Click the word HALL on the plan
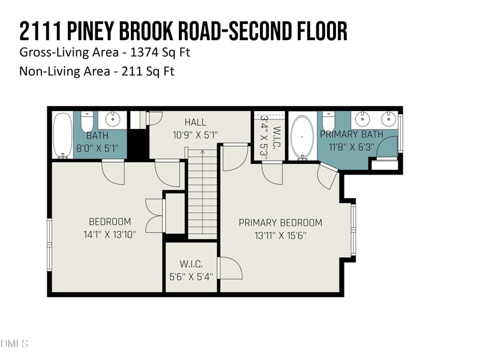[x=195, y=123]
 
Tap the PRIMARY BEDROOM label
[x=280, y=223]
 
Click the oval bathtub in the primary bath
[x=302, y=137]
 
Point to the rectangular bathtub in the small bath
[x=62, y=136]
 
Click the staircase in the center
[x=202, y=192]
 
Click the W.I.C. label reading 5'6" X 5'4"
[x=191, y=271]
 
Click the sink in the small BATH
[x=110, y=119]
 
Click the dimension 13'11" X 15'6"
[x=280, y=236]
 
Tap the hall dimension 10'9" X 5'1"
[x=195, y=136]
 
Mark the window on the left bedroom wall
[x=50, y=244]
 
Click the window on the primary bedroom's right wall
[x=353, y=229]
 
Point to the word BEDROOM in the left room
[x=109, y=221]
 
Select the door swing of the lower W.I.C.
[x=230, y=268]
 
